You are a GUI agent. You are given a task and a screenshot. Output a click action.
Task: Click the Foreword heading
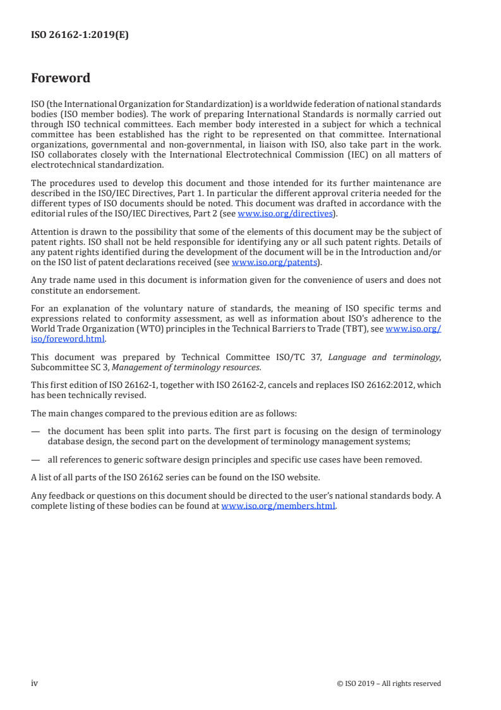click(x=61, y=78)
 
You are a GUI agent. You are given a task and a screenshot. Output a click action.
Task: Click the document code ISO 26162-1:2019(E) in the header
click(x=80, y=35)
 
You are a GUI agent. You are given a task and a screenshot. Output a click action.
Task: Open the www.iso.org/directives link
click(x=285, y=214)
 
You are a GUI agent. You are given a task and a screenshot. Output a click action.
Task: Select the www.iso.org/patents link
click(x=274, y=262)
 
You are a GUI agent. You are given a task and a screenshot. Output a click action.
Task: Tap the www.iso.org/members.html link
click(x=278, y=506)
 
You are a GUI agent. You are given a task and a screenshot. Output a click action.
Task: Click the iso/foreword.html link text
click(x=68, y=339)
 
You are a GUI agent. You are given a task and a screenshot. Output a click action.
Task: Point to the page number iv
click(x=35, y=683)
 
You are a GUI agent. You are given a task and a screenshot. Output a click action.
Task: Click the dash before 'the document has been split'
click(x=35, y=432)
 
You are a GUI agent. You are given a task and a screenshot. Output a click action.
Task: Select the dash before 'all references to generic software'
click(x=35, y=459)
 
